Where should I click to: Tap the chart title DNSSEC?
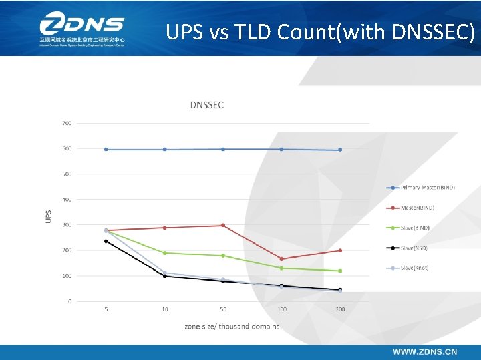(206, 104)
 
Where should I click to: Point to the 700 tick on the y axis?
(67, 123)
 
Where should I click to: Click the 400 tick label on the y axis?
(67, 199)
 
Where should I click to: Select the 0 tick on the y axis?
(69, 301)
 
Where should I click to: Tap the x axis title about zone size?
(232, 326)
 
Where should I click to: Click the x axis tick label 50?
(223, 309)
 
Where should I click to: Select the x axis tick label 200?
(340, 309)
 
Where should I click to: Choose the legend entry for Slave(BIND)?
(414, 228)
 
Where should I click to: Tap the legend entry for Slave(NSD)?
(414, 248)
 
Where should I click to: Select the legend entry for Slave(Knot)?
(414, 268)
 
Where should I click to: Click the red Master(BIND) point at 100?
(281, 259)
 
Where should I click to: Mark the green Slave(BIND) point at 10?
(164, 253)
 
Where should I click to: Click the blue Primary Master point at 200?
(340, 150)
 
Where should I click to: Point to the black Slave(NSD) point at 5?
(106, 241)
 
